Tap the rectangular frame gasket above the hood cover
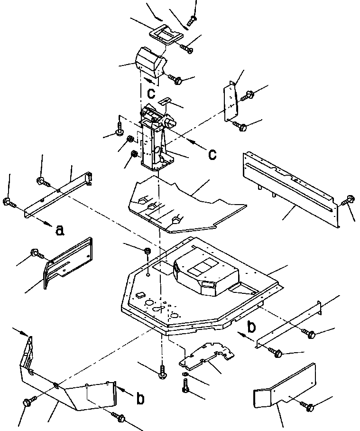pos(166,34)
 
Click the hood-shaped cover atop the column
pos(150,62)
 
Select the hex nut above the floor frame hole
pos(148,251)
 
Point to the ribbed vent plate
pos(67,262)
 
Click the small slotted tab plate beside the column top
pos(166,101)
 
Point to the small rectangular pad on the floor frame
pos(140,295)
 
